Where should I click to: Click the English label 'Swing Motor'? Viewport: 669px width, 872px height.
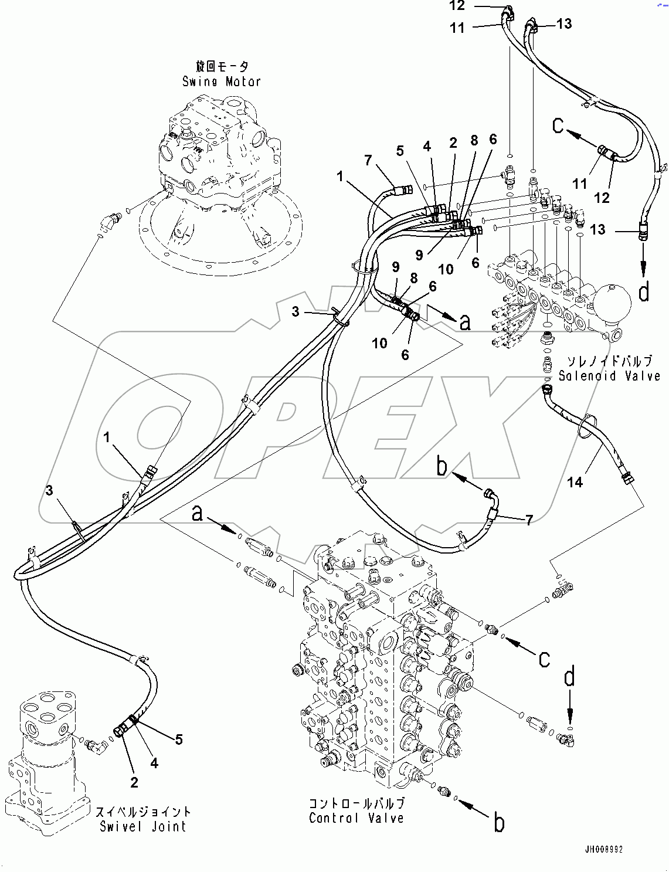tap(221, 82)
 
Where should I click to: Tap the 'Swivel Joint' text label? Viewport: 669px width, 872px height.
tap(143, 827)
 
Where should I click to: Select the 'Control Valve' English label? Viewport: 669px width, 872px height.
tap(356, 817)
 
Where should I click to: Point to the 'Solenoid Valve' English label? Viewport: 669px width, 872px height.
tap(609, 376)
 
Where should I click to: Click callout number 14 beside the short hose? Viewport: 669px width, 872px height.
tap(575, 482)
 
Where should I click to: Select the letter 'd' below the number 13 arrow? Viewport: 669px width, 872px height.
tap(644, 292)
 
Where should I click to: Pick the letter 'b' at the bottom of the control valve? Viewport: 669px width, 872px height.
tap(499, 823)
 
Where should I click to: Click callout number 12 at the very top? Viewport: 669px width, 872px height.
tap(457, 6)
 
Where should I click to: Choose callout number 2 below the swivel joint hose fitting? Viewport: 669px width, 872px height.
tap(134, 782)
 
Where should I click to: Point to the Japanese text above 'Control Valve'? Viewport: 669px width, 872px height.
tap(357, 803)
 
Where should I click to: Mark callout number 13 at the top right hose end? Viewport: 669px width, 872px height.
tap(564, 23)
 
